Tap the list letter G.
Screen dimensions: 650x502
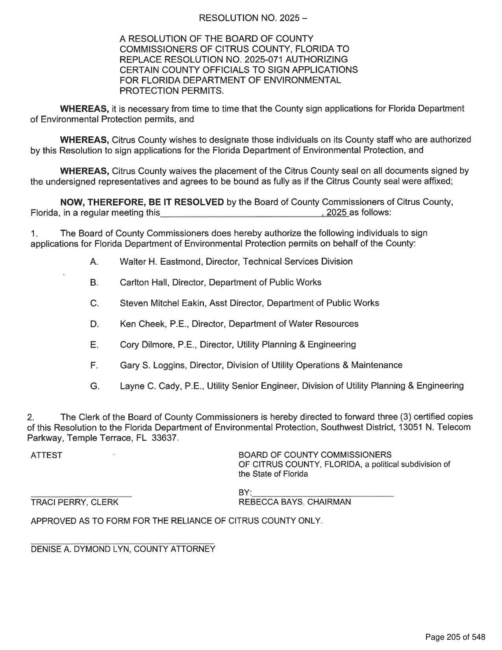(x=94, y=386)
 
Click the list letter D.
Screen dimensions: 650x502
(x=94, y=324)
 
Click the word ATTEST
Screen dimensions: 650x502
(x=46, y=455)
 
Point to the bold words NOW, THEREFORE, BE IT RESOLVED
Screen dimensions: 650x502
(x=142, y=202)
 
